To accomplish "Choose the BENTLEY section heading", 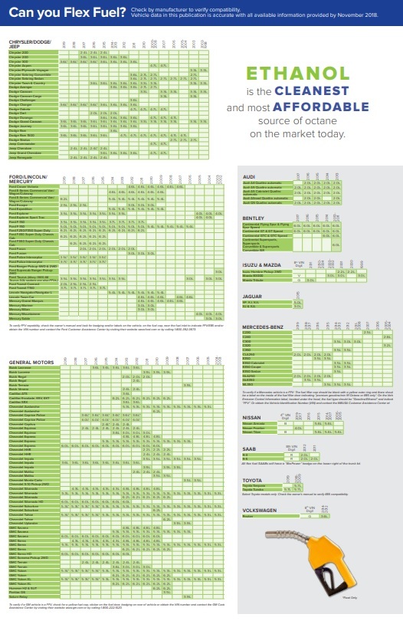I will pos(254,218).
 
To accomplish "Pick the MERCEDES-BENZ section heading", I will pos(264,327).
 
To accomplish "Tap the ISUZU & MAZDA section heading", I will pos(261,263).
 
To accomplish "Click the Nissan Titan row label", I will pos(252,432).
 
